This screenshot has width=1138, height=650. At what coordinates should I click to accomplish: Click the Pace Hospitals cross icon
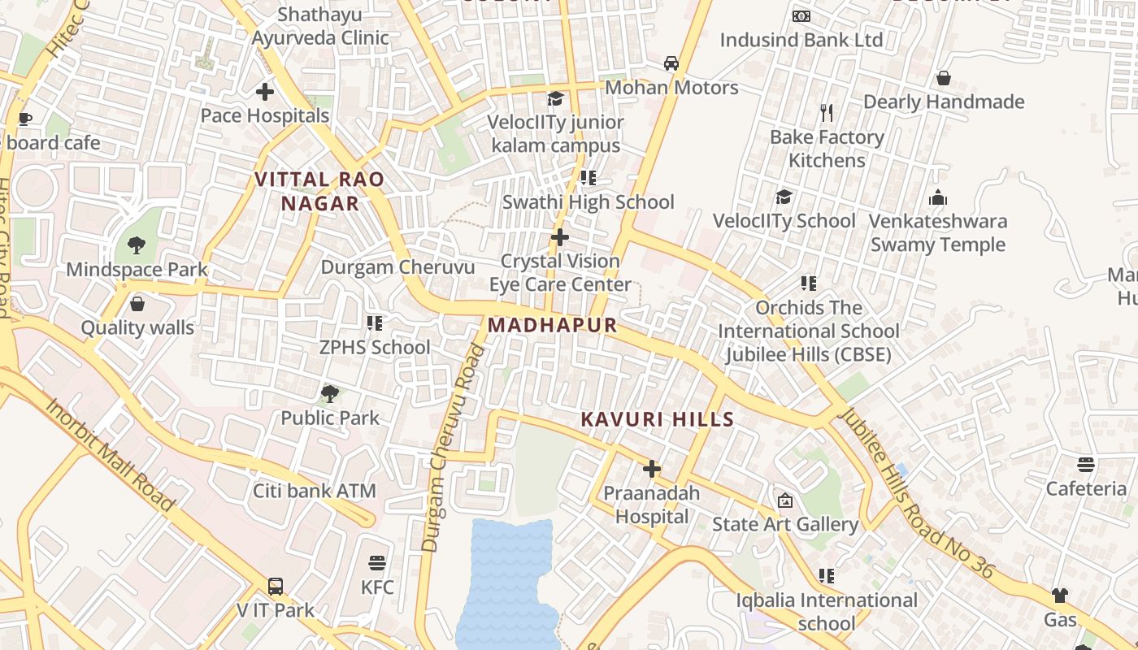tap(265, 92)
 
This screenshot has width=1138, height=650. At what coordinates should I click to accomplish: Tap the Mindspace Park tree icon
tap(137, 245)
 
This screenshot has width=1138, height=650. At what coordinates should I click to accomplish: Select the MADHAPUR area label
tap(553, 326)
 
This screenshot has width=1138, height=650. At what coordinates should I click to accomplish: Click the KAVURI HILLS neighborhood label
tap(658, 420)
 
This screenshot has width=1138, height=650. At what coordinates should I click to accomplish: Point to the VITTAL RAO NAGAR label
tap(319, 192)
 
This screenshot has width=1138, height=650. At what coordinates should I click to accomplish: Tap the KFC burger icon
tap(376, 563)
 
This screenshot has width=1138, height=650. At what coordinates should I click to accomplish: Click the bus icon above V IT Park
tap(276, 586)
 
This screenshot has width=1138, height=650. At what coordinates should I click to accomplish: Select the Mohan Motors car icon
tap(671, 63)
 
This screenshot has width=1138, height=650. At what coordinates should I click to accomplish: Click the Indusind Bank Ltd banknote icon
tap(801, 16)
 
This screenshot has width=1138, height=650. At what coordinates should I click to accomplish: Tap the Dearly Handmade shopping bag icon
tap(944, 78)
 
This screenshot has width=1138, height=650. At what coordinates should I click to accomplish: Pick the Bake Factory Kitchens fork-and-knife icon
tap(827, 112)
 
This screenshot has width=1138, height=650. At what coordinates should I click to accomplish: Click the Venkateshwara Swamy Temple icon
tap(938, 197)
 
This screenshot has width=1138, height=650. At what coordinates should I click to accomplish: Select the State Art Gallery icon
tap(785, 500)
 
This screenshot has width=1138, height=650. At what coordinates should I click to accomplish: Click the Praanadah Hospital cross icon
tap(652, 469)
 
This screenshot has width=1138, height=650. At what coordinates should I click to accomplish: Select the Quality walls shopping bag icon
tap(137, 304)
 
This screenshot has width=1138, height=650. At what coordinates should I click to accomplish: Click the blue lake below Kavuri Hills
tap(508, 581)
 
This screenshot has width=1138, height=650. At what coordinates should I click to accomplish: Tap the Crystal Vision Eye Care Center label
tap(560, 273)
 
